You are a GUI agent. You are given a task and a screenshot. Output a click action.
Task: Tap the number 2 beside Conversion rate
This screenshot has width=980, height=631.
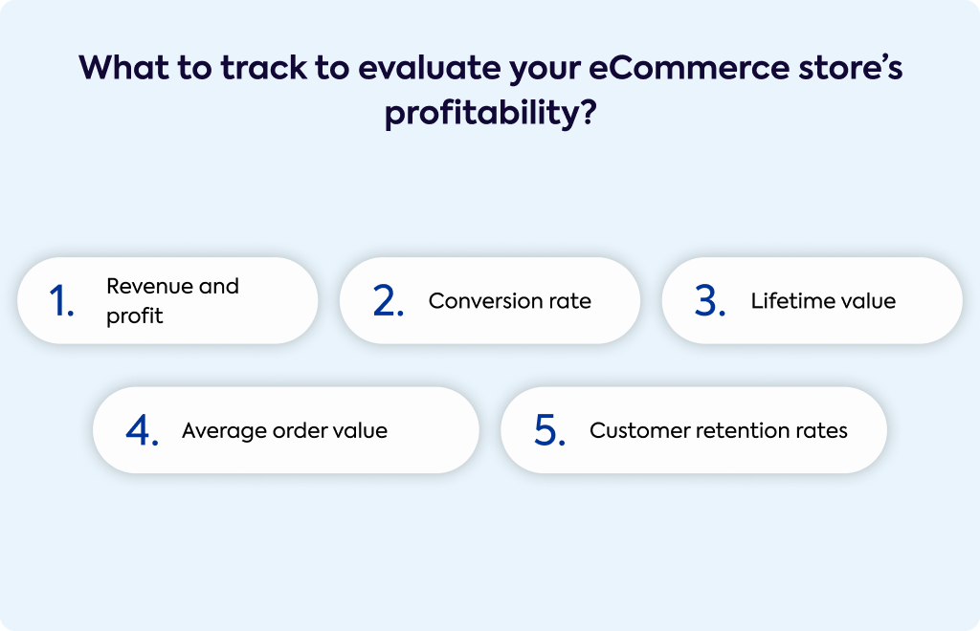[x=384, y=300]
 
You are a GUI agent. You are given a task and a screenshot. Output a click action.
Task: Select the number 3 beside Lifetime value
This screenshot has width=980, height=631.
[x=706, y=300]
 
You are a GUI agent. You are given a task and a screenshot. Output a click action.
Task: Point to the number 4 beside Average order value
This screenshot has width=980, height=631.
[x=138, y=430]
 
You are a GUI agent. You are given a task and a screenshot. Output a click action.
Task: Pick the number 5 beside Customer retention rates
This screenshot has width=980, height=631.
[x=546, y=430]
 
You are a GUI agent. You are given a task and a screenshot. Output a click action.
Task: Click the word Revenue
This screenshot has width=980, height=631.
[x=149, y=286]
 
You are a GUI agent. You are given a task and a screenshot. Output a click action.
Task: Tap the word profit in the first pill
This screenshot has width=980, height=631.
[x=134, y=315]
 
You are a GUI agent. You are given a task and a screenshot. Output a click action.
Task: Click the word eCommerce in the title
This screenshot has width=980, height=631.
[x=689, y=68]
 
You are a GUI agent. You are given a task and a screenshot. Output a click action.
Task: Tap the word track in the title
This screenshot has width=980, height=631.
[x=264, y=68]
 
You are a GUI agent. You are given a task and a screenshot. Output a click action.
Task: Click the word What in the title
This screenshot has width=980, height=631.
[x=123, y=68]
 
